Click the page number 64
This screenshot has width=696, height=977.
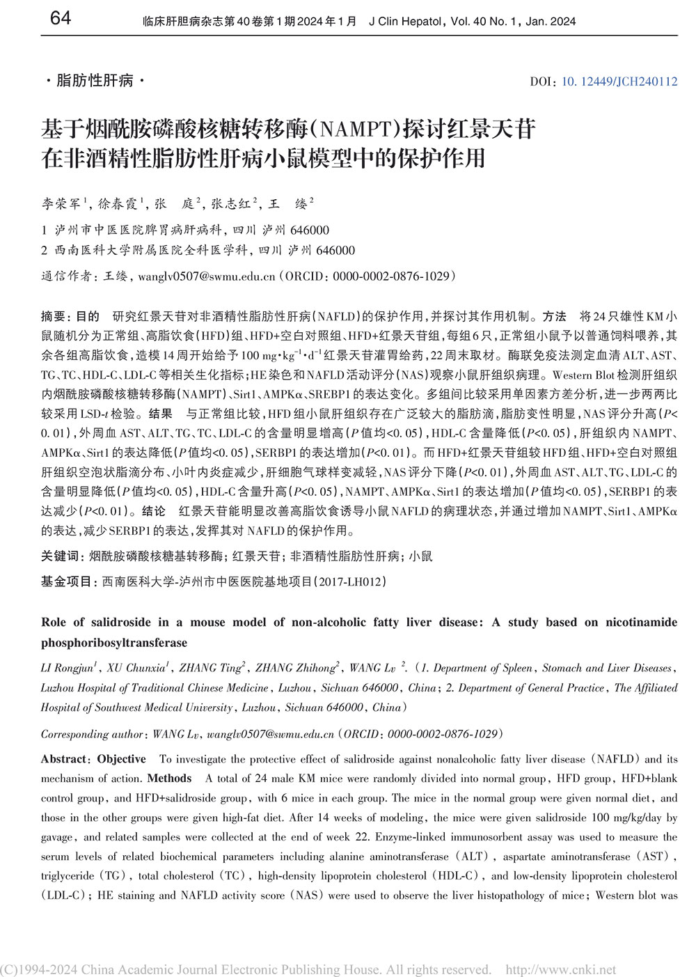[61, 18]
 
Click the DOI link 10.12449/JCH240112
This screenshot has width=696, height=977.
[619, 81]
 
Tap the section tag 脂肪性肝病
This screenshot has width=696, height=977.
[94, 81]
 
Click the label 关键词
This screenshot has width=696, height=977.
[61, 556]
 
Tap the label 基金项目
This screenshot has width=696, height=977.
[66, 581]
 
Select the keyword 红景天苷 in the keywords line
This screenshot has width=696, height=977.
[256, 556]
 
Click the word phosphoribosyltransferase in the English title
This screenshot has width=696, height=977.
[114, 643]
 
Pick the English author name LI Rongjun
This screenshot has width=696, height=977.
[67, 668]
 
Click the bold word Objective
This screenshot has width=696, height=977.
[121, 759]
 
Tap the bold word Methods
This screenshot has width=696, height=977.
[169, 779]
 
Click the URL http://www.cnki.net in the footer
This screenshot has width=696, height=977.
[560, 969]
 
